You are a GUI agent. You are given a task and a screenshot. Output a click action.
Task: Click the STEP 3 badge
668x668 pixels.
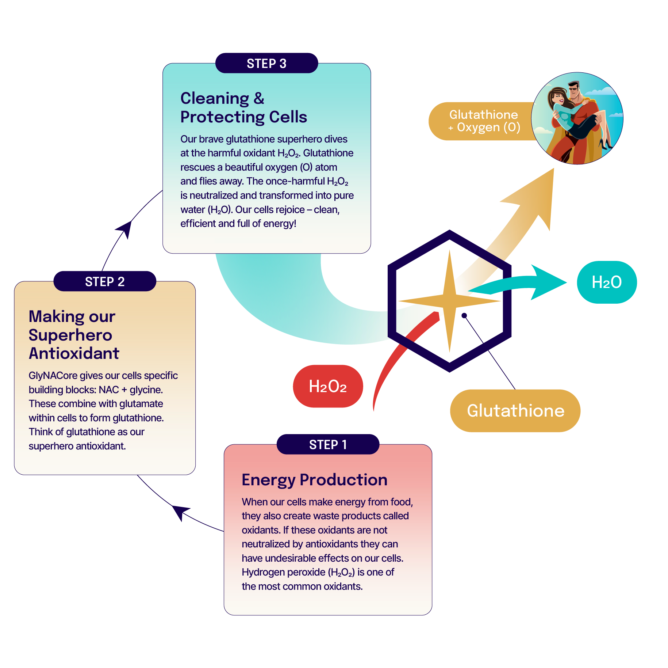(x=266, y=63)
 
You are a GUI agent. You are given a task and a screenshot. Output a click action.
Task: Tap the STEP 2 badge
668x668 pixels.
(x=105, y=281)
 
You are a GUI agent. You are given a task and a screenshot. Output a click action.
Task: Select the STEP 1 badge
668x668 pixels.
(x=328, y=444)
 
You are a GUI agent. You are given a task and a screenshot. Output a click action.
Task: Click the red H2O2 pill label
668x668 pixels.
(x=328, y=386)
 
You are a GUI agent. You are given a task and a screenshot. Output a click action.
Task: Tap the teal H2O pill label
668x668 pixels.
(x=607, y=282)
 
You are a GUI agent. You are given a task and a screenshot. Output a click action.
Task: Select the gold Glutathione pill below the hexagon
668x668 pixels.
(x=515, y=411)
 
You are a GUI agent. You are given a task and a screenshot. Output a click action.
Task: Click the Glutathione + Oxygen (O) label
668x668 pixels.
(x=483, y=121)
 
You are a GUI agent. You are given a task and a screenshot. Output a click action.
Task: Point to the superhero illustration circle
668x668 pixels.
(x=577, y=118)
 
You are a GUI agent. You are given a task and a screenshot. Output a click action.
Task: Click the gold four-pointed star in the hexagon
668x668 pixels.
(x=449, y=301)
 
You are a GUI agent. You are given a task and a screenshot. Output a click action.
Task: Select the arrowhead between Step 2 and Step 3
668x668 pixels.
(x=125, y=228)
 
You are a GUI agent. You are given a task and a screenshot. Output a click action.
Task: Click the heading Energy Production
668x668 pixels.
(x=314, y=480)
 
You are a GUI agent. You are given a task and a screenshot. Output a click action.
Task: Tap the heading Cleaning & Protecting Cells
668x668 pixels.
(x=243, y=107)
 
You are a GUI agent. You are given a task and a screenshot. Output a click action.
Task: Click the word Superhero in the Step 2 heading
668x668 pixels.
(x=70, y=335)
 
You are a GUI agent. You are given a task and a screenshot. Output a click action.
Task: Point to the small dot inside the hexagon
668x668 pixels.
(x=464, y=315)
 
